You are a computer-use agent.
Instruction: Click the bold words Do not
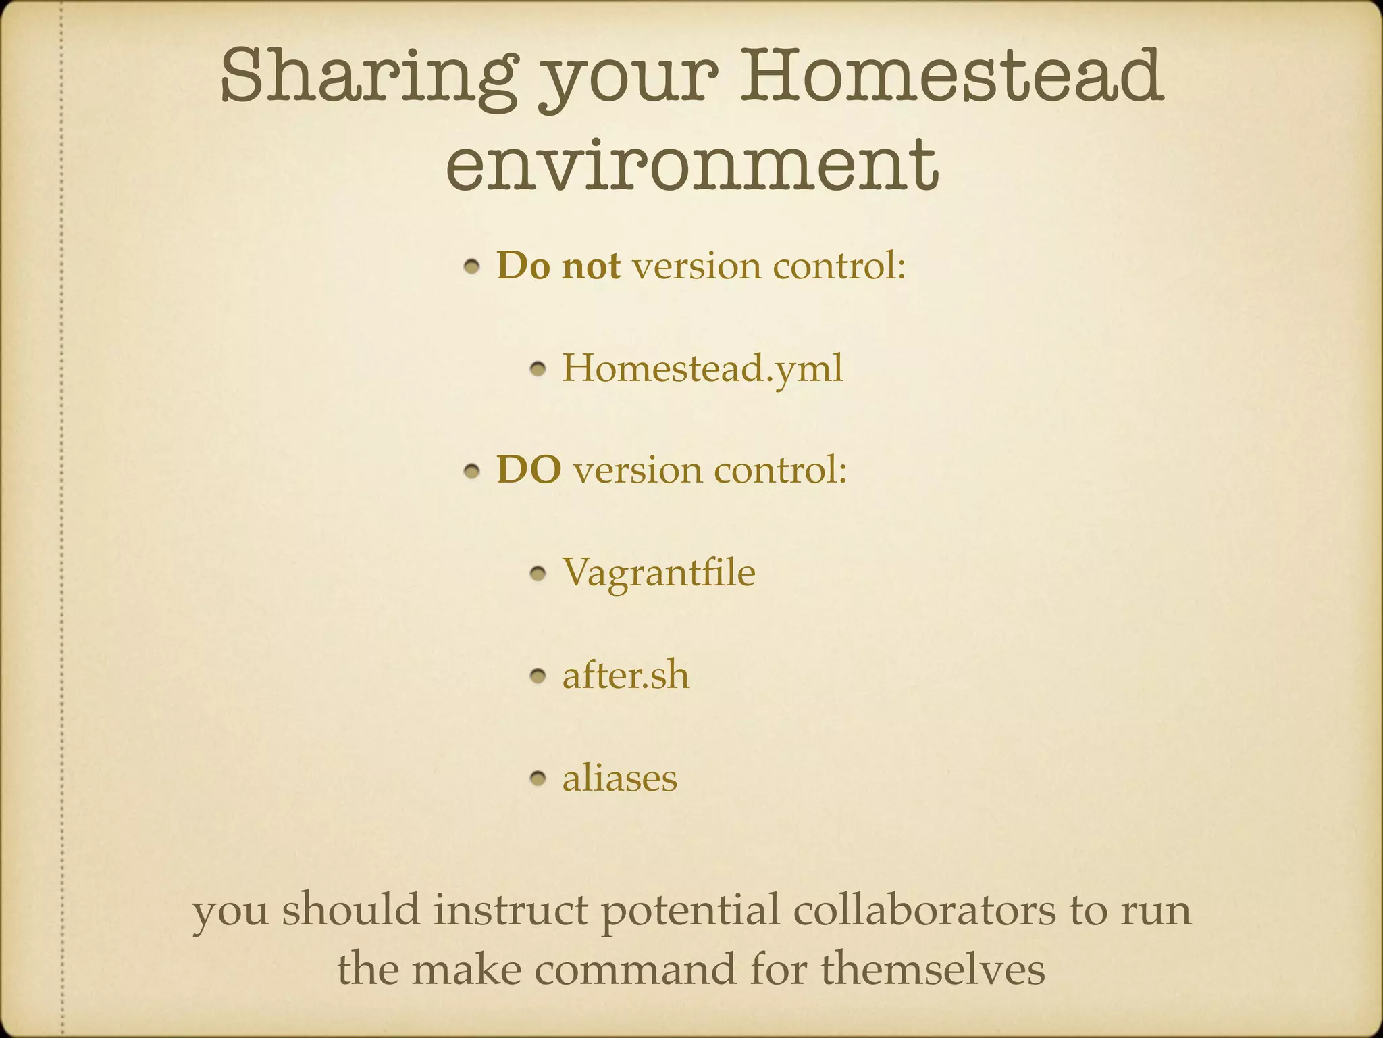(558, 266)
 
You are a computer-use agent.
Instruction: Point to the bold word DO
(529, 470)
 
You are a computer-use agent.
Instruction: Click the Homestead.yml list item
(702, 369)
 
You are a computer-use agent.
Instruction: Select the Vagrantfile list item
(658, 573)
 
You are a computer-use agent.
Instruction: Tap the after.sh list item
(626, 675)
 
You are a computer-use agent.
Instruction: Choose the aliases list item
(619, 778)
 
